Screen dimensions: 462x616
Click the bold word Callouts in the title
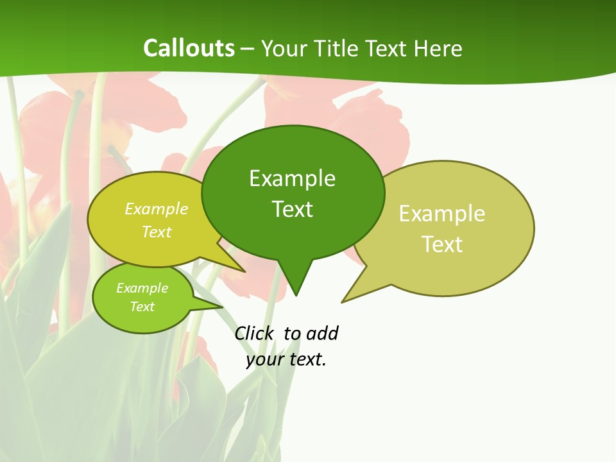click(189, 48)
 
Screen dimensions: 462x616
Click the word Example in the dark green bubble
click(292, 178)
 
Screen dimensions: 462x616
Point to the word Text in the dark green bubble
click(292, 209)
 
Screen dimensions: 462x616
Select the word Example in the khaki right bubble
click(442, 214)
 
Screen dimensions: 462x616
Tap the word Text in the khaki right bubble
click(442, 244)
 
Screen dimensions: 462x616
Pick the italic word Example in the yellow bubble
click(157, 209)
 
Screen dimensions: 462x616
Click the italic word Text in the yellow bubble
click(157, 232)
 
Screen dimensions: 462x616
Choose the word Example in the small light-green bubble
click(142, 288)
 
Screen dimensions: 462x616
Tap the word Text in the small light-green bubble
click(142, 307)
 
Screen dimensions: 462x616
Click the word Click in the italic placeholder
click(253, 334)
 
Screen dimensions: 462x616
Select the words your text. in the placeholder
click(286, 359)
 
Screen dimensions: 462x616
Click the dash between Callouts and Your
click(248, 49)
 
